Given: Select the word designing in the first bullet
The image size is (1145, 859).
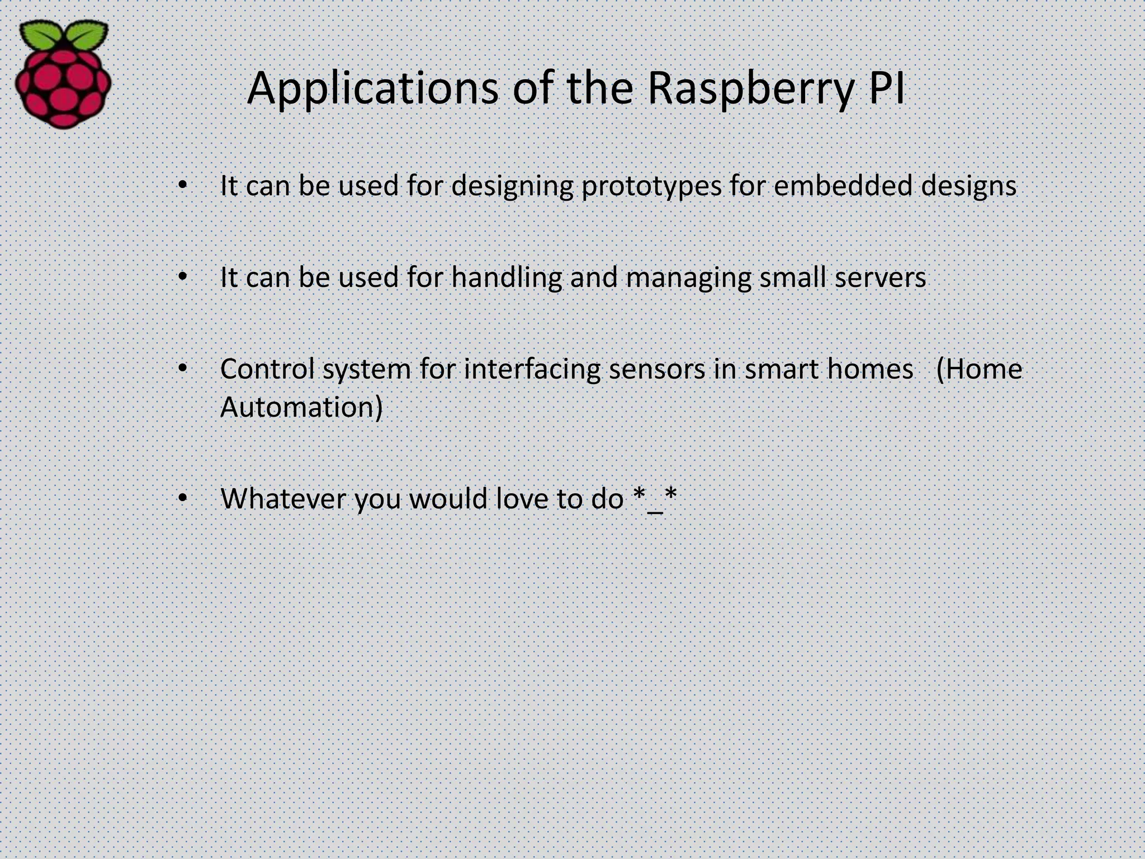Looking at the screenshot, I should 512,186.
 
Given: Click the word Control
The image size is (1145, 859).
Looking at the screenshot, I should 267,369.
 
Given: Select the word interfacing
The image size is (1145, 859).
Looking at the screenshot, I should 532,370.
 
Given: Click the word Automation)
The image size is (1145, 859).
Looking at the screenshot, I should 301,407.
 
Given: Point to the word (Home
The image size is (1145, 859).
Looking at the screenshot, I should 978,369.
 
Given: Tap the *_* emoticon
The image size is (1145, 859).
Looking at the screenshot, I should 655,497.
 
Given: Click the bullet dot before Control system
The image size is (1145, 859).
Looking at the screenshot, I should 182,369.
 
